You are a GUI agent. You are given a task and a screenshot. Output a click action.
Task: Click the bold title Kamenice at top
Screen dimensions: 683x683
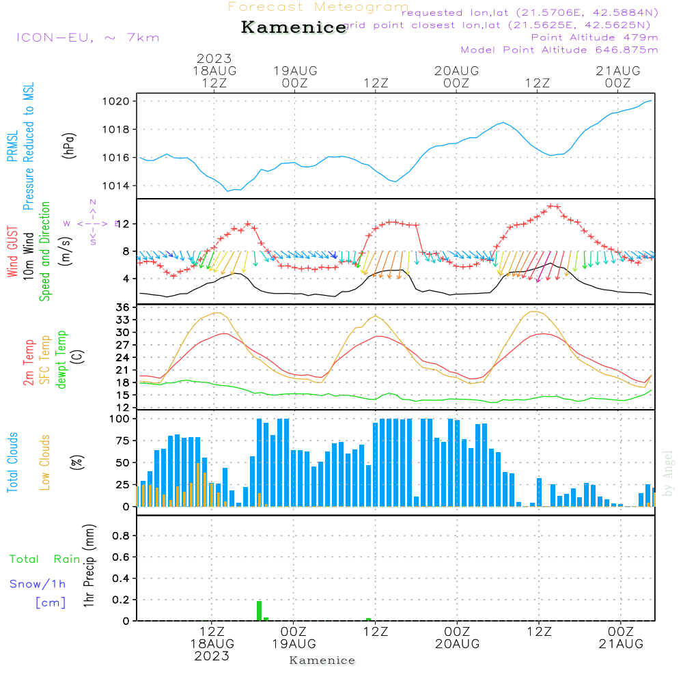[x=294, y=28]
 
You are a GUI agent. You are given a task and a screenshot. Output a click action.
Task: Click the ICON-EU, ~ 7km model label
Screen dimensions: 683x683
[x=87, y=38]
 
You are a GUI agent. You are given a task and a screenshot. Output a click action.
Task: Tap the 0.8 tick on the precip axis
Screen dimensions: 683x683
[x=122, y=536]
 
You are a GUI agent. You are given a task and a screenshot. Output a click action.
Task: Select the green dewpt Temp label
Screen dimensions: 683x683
[x=62, y=359]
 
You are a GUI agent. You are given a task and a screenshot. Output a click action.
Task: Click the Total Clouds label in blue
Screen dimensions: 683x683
[x=12, y=462]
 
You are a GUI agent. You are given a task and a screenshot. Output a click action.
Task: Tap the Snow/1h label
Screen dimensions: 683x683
[x=38, y=584]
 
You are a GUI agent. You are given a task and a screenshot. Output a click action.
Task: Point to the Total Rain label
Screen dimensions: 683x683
[x=45, y=559]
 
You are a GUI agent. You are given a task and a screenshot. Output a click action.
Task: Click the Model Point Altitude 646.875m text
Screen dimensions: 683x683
[x=559, y=50]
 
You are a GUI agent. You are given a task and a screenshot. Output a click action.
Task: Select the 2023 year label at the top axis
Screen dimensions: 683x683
[x=214, y=59]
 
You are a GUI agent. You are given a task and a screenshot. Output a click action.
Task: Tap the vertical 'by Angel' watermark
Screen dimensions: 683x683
[x=669, y=473]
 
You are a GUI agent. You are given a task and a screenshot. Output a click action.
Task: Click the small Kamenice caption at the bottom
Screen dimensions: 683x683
[x=322, y=660]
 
